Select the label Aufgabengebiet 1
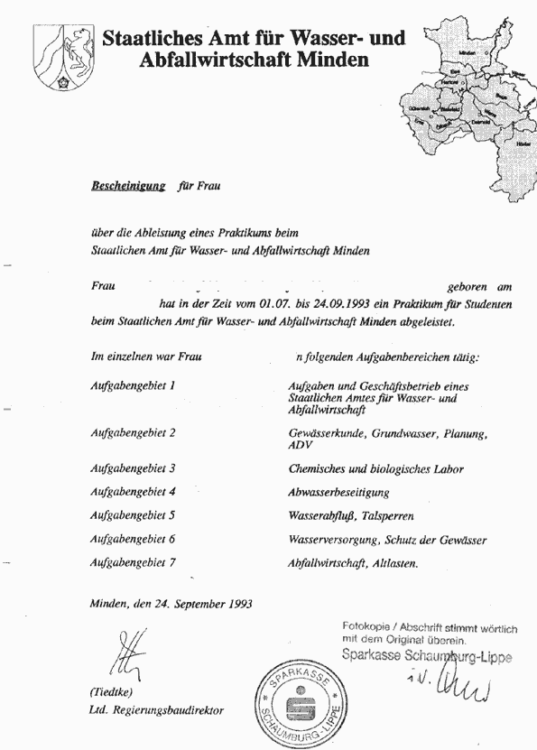pyautogui.click(x=133, y=386)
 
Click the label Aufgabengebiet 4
pyautogui.click(x=133, y=492)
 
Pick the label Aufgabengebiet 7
pyautogui.click(x=133, y=562)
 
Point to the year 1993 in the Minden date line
pyautogui.click(x=236, y=604)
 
